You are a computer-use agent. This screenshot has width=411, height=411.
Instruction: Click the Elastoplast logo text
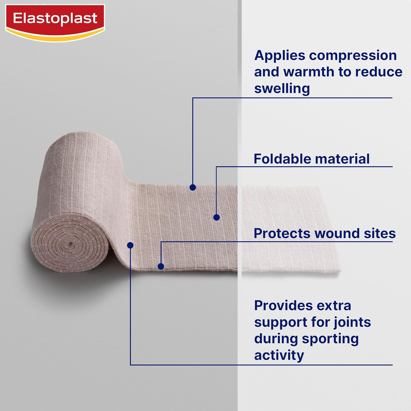55,18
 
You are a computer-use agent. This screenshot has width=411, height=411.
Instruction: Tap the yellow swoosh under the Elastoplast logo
55,37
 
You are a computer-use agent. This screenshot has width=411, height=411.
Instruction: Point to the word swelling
282,89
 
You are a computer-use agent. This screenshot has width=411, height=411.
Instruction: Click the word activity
279,355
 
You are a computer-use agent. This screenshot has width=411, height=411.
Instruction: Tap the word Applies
279,56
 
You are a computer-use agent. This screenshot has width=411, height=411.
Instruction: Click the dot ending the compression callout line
193,187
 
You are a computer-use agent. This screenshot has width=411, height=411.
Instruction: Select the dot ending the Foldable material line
216,217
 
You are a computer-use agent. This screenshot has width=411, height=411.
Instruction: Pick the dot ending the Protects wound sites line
161,266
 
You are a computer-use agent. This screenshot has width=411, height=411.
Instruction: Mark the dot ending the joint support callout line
130,245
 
